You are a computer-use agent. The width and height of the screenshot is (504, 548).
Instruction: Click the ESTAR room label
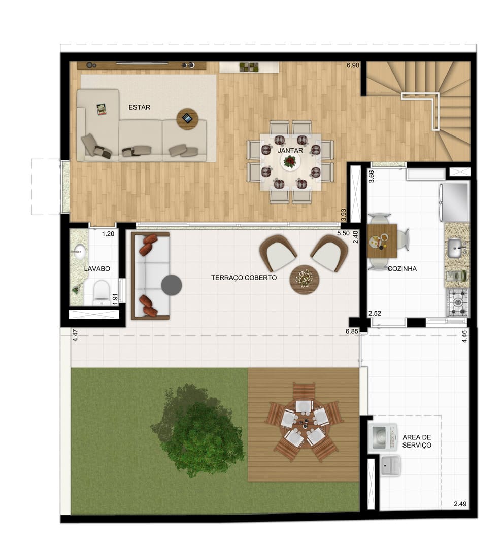[x=139, y=107]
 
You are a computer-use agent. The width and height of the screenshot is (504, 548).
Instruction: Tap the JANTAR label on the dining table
[x=290, y=151]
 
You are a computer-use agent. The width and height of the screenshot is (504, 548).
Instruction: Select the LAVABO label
[x=97, y=269]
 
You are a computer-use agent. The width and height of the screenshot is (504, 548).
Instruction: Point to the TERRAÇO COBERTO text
[x=244, y=278]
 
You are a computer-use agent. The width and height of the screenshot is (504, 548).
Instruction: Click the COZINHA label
[x=402, y=269]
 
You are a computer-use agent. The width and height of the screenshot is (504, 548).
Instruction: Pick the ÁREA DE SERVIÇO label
[x=417, y=441]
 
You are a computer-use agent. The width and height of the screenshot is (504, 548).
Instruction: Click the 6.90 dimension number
[x=353, y=65]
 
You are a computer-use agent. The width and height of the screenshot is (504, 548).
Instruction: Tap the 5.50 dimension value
[x=343, y=233]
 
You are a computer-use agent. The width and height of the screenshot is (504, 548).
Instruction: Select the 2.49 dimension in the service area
[x=460, y=504]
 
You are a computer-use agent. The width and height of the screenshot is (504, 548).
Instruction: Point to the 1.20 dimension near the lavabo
[x=108, y=234]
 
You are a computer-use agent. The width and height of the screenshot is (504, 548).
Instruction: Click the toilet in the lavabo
[x=102, y=292]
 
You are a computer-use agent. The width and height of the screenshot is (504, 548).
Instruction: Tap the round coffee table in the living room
[x=187, y=119]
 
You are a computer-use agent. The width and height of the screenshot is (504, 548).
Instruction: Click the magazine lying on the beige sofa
[x=102, y=110]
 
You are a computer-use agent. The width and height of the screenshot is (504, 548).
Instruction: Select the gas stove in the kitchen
[x=457, y=302]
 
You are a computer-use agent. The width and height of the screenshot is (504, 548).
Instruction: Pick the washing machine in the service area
[x=383, y=437]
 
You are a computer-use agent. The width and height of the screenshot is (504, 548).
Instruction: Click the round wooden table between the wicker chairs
[x=305, y=280]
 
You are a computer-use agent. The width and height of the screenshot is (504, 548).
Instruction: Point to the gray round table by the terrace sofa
[x=171, y=285]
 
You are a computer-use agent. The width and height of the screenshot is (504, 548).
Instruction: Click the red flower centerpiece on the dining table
[x=290, y=161]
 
